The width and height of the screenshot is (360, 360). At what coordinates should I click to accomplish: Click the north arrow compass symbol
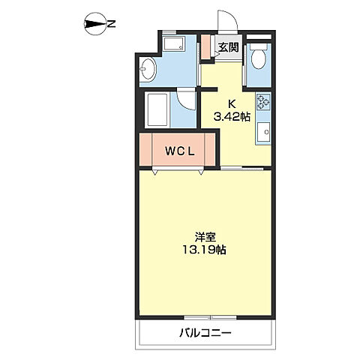tap(95, 25)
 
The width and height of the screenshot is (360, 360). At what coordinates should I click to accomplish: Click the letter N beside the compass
tap(111, 25)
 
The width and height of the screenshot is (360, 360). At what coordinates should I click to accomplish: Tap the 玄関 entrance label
tap(228, 47)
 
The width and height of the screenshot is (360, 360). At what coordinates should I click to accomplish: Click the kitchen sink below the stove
tap(263, 136)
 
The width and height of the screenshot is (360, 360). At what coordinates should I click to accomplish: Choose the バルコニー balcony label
tap(205, 332)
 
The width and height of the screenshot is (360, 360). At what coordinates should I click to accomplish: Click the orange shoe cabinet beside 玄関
tap(206, 47)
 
